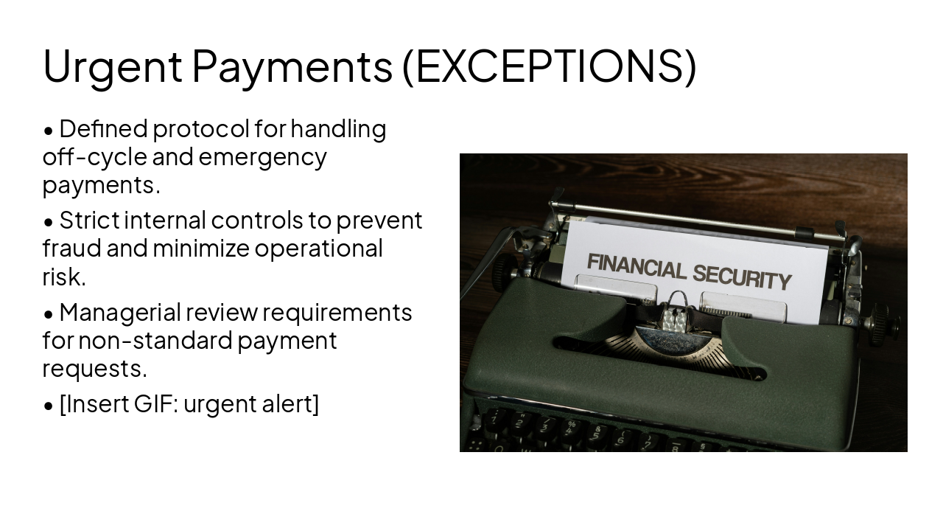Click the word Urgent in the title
[112, 66]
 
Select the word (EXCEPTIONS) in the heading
[549, 66]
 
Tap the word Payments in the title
[292, 66]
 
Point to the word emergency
[262, 157]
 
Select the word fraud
[72, 249]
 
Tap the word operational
[318, 249]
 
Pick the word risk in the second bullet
[64, 277]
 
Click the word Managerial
[119, 313]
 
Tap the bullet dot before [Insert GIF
[49, 406]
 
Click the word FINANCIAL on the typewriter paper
[635, 266]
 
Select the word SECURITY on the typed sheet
[740, 276]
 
